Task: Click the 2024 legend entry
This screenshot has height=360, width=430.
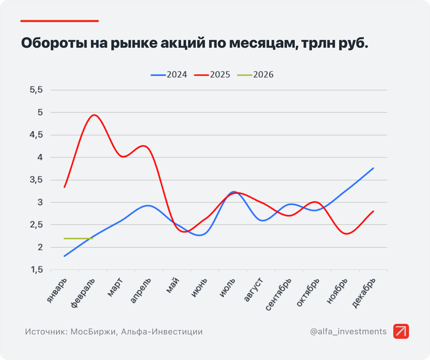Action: point(169,75)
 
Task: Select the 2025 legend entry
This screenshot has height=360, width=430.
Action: point(212,75)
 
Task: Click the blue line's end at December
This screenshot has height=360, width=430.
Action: point(373,168)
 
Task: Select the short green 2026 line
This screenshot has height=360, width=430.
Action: point(78,238)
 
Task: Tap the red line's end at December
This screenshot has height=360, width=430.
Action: point(373,211)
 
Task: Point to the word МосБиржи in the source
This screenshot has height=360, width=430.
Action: point(95,332)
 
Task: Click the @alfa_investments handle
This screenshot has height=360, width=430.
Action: point(348,332)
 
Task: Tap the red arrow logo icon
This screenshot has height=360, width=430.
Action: point(401,331)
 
